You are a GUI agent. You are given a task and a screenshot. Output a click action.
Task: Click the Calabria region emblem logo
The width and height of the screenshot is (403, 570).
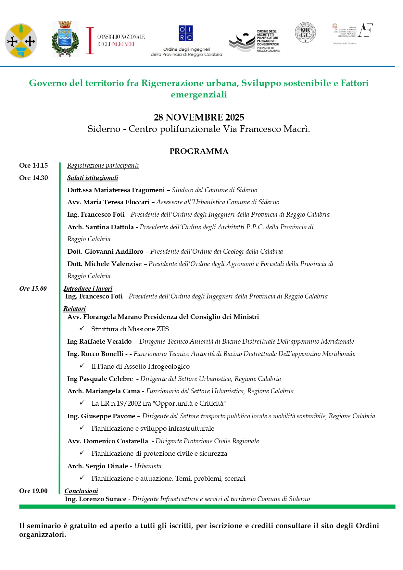pyautogui.click(x=21, y=41)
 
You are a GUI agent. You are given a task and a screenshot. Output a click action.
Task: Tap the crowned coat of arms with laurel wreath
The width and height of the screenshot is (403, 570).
pyautogui.click(x=65, y=39)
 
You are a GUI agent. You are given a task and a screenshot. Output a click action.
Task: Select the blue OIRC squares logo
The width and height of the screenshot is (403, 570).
pyautogui.click(x=186, y=33)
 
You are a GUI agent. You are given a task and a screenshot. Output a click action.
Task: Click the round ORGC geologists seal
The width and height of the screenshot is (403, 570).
pyautogui.click(x=305, y=32)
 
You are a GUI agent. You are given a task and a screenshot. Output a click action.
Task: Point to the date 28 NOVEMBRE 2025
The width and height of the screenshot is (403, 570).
pyautogui.click(x=199, y=117)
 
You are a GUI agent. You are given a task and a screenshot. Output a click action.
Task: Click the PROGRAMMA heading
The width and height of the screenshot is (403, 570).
pyautogui.click(x=199, y=151)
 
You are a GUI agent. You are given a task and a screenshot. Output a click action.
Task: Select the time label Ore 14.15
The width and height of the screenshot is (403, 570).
pyautogui.click(x=33, y=166)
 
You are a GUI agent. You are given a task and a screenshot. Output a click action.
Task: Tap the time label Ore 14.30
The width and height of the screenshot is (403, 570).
pyautogui.click(x=33, y=178)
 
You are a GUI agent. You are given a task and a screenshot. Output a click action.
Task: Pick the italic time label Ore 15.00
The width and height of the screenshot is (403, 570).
pyautogui.click(x=33, y=288)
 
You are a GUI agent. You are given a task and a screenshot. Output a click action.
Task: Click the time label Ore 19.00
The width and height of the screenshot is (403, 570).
pyautogui.click(x=33, y=491)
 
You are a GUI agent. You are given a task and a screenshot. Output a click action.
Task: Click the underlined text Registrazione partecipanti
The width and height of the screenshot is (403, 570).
pyautogui.click(x=103, y=166)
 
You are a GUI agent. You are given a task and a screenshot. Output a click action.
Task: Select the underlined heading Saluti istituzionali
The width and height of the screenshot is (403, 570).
pyautogui.click(x=93, y=178)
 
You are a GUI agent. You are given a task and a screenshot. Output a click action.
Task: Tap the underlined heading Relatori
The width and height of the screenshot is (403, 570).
pyautogui.click(x=74, y=309)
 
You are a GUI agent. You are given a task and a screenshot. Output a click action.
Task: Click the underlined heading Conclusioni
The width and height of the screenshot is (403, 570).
pyautogui.click(x=81, y=491)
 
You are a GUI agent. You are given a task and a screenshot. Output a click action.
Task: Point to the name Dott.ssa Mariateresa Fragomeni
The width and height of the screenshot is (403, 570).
pyautogui.click(x=116, y=190)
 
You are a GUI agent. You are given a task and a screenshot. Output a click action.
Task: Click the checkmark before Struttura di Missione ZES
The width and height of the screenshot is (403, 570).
pyautogui.click(x=82, y=328)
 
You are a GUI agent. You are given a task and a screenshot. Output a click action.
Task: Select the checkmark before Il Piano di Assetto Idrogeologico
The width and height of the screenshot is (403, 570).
pyautogui.click(x=82, y=366)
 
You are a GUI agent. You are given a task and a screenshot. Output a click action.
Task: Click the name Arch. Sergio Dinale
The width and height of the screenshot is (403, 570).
pyautogui.click(x=97, y=466)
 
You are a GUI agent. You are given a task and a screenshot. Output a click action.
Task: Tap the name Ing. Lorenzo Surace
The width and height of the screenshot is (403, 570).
pyautogui.click(x=95, y=499)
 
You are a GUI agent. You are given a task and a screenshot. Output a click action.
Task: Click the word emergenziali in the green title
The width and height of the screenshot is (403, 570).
pyautogui.click(x=199, y=95)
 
